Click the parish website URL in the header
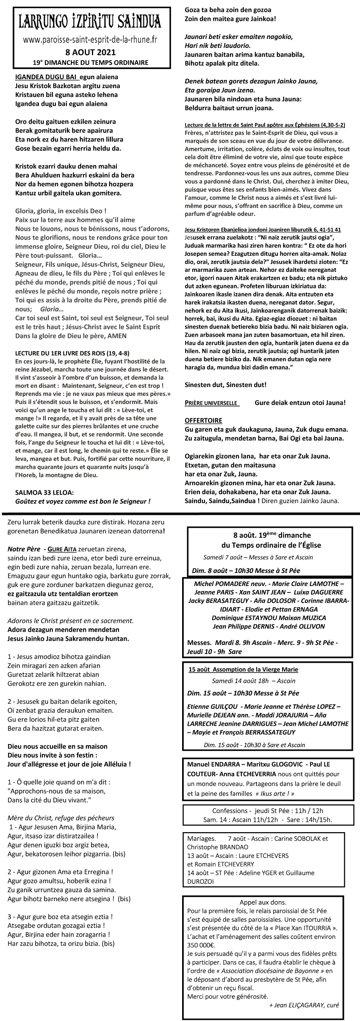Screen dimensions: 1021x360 (x=90, y=40)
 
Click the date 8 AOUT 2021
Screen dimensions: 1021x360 (x=91, y=53)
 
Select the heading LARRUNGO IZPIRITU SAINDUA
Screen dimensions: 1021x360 (x=90, y=21)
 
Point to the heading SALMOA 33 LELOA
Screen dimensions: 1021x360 (x=44, y=493)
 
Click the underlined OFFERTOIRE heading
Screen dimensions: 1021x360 (x=203, y=421)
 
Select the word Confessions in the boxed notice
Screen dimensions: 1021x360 (x=230, y=811)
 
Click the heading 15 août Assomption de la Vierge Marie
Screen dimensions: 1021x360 (x=243, y=670)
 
